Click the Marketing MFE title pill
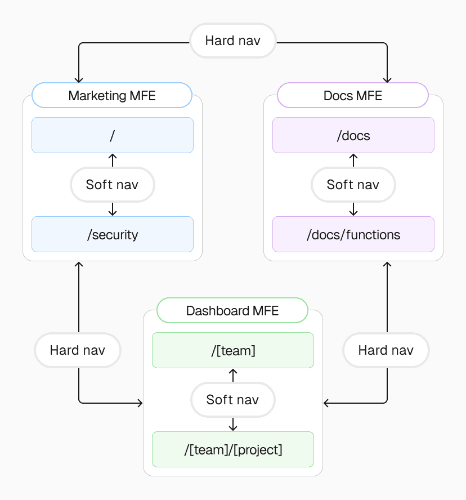(x=112, y=95)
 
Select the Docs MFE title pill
(x=353, y=95)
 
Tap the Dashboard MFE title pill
(x=232, y=310)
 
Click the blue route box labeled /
(x=112, y=135)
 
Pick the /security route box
(x=112, y=234)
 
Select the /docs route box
(x=353, y=135)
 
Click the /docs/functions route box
(x=353, y=234)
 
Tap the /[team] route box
(x=232, y=350)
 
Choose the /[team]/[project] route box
(x=232, y=449)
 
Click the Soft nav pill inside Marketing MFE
(x=112, y=184)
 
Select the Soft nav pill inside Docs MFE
(x=353, y=184)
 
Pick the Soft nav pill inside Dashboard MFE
(x=232, y=399)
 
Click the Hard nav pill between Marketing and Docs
(x=232, y=41)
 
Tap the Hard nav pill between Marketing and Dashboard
(x=78, y=350)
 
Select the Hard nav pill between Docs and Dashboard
(x=386, y=350)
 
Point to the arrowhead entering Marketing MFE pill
(x=79, y=80)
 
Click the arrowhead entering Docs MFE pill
(x=388, y=80)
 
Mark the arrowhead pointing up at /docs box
(x=353, y=157)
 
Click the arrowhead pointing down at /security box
(x=112, y=213)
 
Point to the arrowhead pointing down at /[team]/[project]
(x=232, y=428)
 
